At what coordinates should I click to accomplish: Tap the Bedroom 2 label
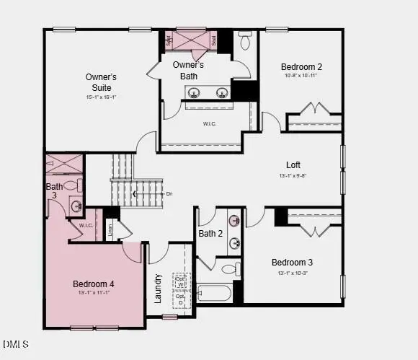[x=301, y=66]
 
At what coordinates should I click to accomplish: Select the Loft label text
[x=293, y=164]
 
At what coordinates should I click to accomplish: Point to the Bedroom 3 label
[x=292, y=262]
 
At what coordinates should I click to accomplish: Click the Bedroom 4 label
[x=94, y=284]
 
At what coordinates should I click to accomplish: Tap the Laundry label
[x=158, y=288]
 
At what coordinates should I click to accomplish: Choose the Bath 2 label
[x=211, y=233]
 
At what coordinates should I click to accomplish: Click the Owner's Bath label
[x=189, y=70]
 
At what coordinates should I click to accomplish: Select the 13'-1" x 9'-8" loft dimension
[x=293, y=175]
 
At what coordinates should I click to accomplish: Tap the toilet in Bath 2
[x=228, y=270]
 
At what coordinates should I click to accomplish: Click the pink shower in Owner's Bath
[x=192, y=39]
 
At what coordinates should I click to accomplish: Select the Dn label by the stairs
[x=169, y=193]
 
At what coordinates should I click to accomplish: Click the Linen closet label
[x=110, y=230]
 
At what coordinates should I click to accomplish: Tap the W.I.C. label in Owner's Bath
[x=209, y=123]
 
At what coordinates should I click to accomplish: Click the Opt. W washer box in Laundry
[x=181, y=281]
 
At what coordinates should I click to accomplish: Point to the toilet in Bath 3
[x=71, y=185]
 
